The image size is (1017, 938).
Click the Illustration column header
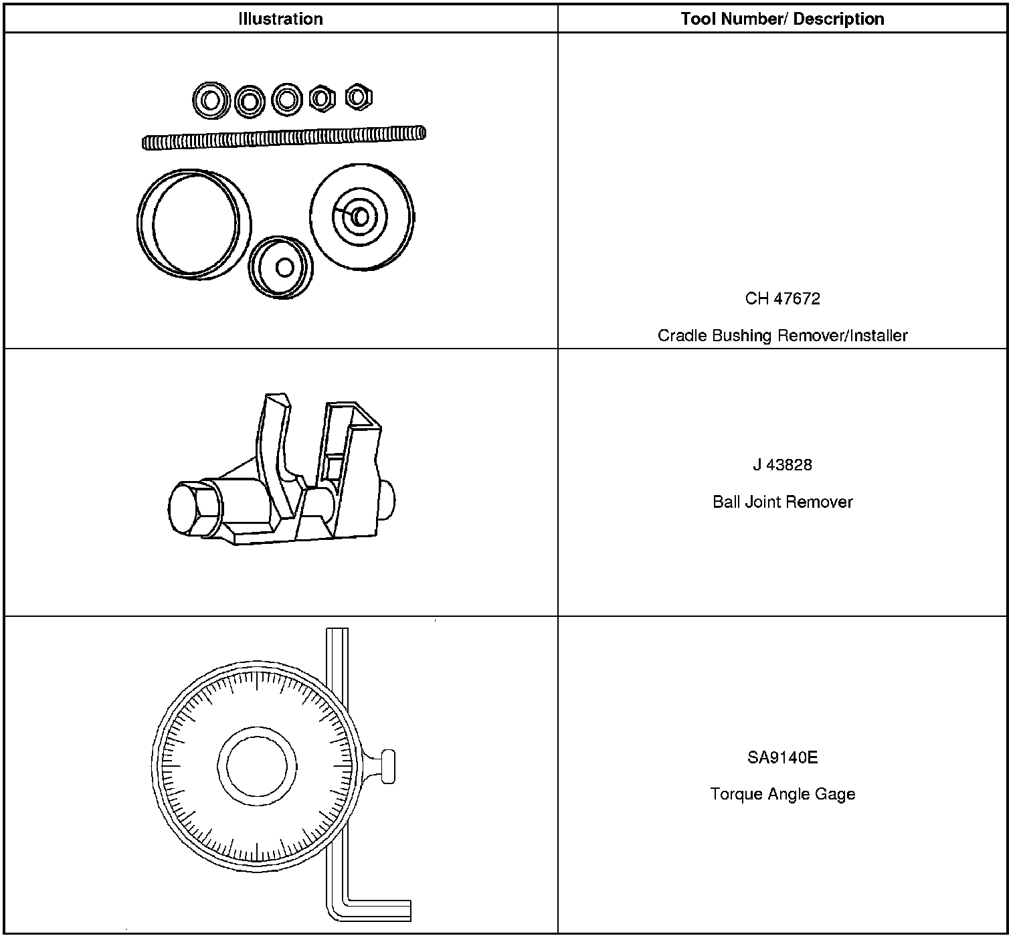coord(280,19)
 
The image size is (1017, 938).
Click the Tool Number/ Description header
coord(782,19)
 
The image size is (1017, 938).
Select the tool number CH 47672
coord(782,298)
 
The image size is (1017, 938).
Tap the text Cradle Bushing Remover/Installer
coord(782,335)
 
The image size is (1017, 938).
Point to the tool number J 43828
coord(782,464)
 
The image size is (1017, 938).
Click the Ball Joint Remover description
coord(782,502)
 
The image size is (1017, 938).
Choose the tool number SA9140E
coord(782,757)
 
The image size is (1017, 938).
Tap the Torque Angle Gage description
coord(782,794)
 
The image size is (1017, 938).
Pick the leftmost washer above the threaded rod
coord(211,101)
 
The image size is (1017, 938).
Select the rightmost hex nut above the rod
coord(359,98)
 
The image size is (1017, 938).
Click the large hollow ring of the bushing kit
coord(194,224)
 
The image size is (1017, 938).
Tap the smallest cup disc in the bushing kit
coord(281,267)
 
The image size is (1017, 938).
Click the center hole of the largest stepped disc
coord(361,217)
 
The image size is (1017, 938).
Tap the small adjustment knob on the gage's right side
coord(387,767)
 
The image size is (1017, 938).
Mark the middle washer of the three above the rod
coord(250,101)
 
